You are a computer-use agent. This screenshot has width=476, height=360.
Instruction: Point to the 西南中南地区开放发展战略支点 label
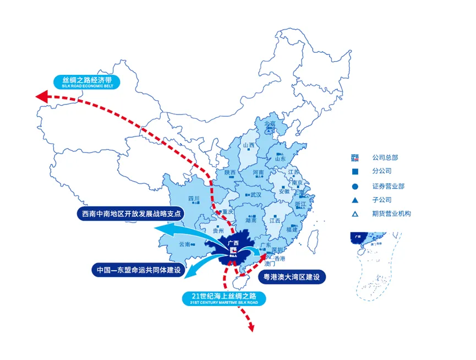point(130,214)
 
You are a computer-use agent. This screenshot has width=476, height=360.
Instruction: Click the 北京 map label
point(270,124)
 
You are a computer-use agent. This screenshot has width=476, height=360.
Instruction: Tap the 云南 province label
point(184,244)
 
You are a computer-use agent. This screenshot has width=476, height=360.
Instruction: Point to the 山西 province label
point(249,146)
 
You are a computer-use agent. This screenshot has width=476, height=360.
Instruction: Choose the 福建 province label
point(292,228)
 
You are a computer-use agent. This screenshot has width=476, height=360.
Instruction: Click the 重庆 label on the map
point(227,212)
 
